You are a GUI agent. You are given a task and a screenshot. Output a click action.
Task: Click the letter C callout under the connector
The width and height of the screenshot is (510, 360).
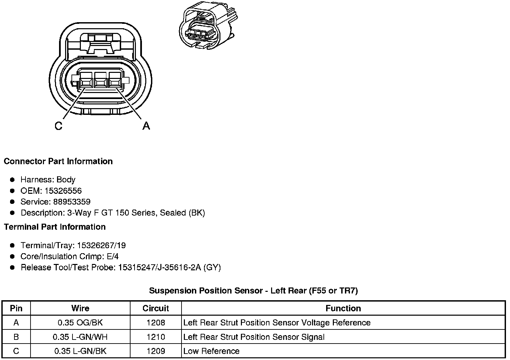tap(58, 126)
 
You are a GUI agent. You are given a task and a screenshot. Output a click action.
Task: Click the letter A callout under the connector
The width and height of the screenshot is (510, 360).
tap(146, 126)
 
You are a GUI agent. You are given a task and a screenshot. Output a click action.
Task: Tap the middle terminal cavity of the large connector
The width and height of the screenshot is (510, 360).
tap(100, 82)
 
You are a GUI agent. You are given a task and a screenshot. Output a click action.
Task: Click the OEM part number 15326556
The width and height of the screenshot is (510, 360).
tap(63, 191)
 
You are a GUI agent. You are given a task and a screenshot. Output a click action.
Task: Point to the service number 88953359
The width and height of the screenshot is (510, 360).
tap(72, 202)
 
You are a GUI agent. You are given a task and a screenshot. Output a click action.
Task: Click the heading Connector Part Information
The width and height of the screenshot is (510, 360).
tap(58, 161)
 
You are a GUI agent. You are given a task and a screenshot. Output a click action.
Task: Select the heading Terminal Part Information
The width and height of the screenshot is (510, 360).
tap(55, 227)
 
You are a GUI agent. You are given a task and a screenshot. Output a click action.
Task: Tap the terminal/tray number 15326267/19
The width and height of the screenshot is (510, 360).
tap(101, 245)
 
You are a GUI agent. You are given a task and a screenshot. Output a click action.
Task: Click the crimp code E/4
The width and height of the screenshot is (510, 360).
tap(112, 257)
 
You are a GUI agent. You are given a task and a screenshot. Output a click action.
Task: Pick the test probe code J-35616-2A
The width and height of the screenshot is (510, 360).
tap(177, 268)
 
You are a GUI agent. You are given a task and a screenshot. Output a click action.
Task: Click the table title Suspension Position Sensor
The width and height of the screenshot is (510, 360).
tap(253, 290)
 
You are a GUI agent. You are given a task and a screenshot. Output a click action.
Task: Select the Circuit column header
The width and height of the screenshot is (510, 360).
tap(156, 308)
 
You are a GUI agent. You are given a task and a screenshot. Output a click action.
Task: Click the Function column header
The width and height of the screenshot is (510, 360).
tap(343, 308)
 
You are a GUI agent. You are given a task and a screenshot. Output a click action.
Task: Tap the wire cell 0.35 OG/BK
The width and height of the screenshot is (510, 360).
tap(80, 323)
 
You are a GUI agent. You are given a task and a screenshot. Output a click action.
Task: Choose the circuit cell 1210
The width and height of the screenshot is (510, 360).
tap(156, 337)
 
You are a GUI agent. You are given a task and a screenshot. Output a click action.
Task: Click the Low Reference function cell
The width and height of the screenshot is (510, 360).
tap(211, 351)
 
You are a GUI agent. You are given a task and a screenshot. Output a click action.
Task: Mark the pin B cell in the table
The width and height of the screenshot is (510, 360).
tap(16, 337)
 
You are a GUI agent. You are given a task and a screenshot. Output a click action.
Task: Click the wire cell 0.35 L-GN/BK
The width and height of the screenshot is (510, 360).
tap(80, 351)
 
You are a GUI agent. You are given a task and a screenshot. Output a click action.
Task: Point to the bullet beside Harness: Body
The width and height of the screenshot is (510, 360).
tap(13, 180)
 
